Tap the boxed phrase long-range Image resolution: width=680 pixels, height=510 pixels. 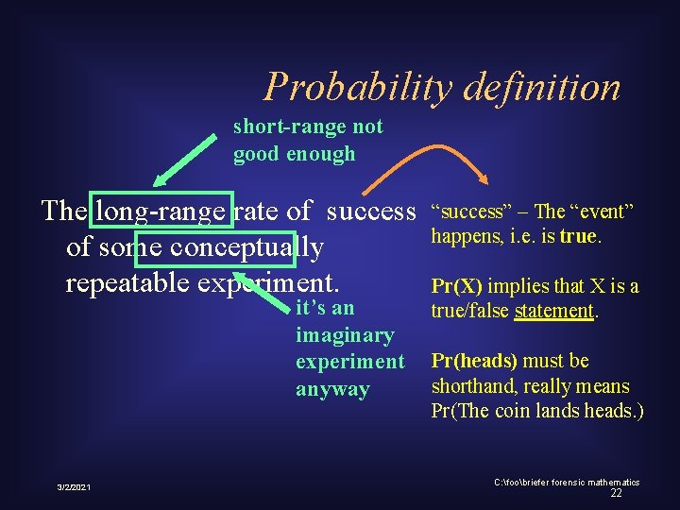coord(161,210)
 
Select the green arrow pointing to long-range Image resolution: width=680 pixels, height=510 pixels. coord(184,160)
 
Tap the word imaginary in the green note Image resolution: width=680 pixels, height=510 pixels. coord(345,335)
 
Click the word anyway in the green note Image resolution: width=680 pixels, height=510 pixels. coord(332,389)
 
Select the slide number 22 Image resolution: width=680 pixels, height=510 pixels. coord(616,493)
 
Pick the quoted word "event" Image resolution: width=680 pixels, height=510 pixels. coord(601,210)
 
